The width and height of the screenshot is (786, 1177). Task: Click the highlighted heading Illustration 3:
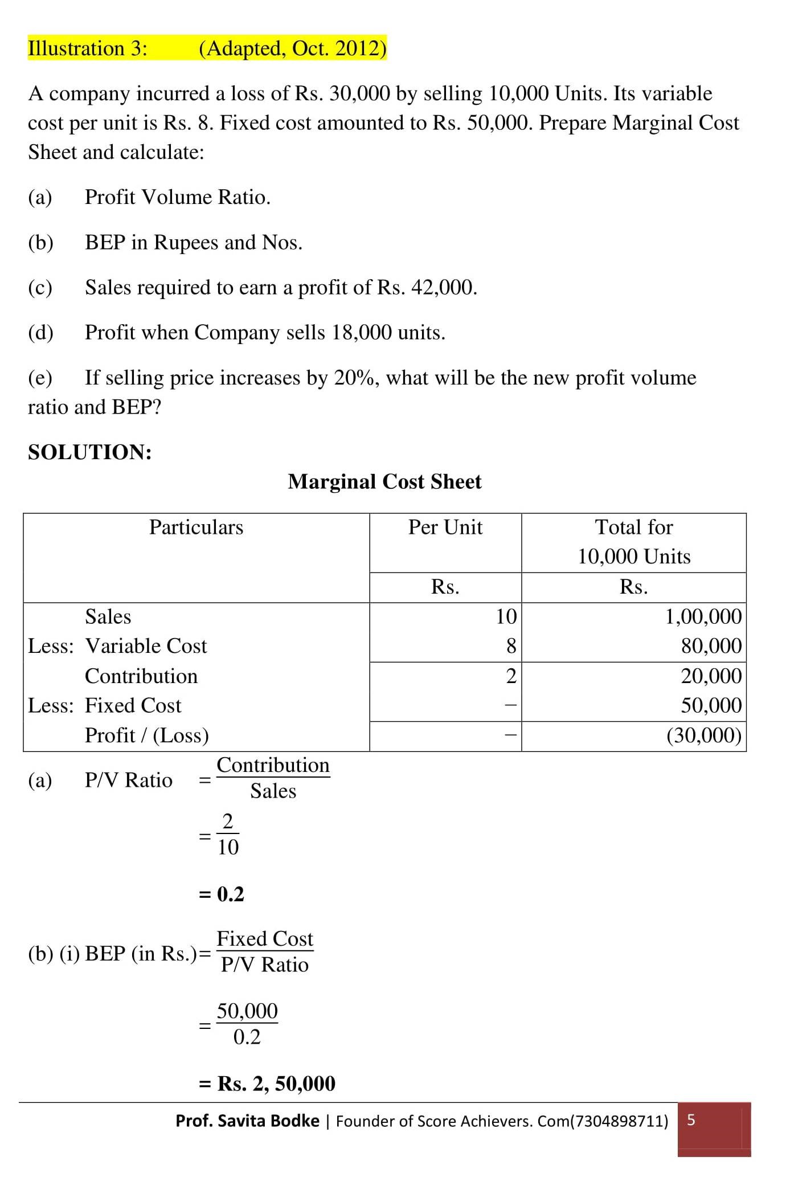pos(87,48)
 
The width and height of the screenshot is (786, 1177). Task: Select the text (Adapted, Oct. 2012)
pos(292,48)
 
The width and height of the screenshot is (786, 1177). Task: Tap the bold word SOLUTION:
pos(90,452)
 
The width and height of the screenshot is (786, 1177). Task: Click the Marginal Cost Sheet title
pos(384,482)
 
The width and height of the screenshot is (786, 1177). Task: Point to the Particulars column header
pos(196,528)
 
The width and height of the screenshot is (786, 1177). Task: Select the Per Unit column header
pos(445,528)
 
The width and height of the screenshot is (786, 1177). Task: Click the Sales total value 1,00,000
pos(703,617)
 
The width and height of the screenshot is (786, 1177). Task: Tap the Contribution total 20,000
pos(711,676)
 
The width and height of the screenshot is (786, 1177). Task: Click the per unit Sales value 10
pos(506,617)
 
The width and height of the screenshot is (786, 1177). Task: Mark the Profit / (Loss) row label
pos(146,735)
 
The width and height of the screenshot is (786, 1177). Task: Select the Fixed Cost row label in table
pos(133,706)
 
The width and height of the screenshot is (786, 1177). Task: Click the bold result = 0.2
pos(222,894)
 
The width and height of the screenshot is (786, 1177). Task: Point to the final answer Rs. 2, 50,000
pos(276,1083)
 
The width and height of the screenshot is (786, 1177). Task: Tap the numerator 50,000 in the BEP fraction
pos(247,1011)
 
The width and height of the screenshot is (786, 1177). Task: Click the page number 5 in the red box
pos(691,1120)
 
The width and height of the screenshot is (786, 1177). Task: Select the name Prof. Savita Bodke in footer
pos(247,1121)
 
